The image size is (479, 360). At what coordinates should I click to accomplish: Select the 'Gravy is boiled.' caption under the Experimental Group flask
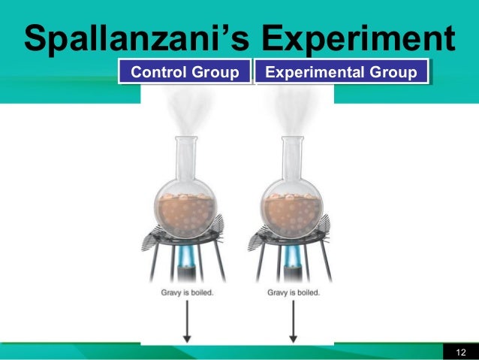(x=294, y=292)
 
